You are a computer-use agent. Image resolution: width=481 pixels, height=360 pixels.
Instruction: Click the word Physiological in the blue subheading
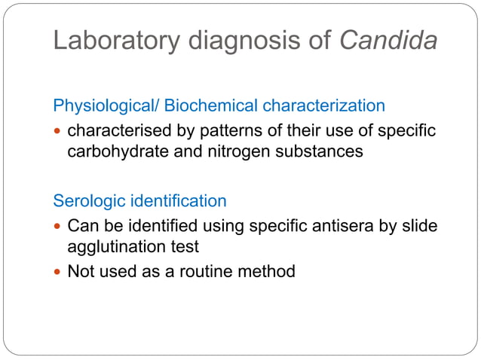tap(103, 105)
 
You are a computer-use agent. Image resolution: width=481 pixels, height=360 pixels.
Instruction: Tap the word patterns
tap(229, 131)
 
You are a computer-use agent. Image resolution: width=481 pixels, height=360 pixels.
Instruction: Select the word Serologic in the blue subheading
tap(84, 201)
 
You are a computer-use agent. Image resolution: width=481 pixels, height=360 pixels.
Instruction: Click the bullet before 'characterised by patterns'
tap(58, 132)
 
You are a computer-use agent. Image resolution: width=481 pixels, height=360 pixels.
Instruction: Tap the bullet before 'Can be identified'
tap(58, 226)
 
